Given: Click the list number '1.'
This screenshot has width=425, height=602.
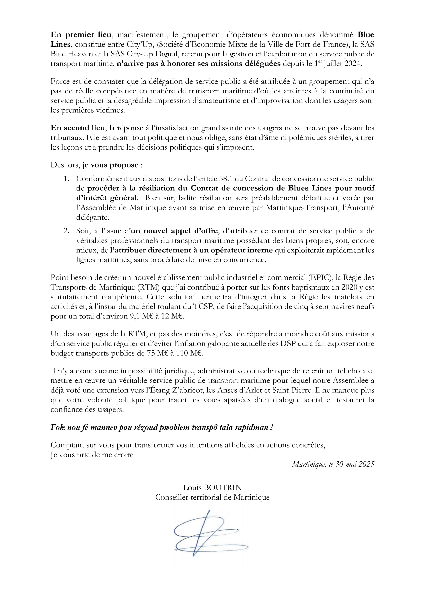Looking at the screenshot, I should coord(66,179).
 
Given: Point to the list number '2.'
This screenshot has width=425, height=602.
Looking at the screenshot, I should coord(66,231).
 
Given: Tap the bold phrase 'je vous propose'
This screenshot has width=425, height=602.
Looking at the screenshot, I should coord(110,165).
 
